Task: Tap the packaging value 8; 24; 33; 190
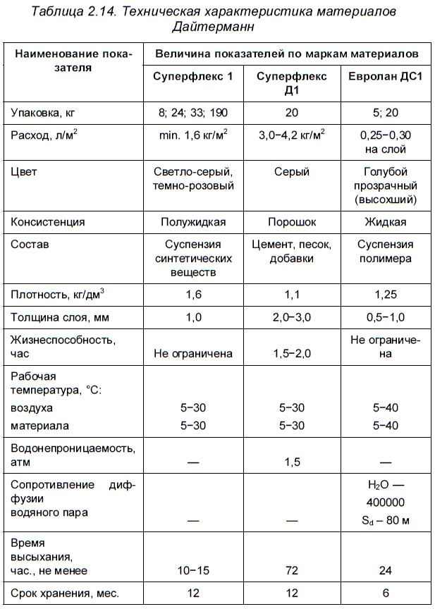click(x=193, y=112)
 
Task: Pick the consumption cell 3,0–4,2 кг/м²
click(x=290, y=135)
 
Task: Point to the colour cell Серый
click(x=290, y=172)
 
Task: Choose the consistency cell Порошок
click(x=290, y=222)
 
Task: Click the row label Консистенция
click(x=49, y=222)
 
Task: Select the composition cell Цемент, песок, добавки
click(x=290, y=252)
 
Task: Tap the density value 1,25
click(x=385, y=294)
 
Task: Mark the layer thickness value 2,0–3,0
click(x=290, y=317)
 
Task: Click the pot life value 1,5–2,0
click(x=290, y=354)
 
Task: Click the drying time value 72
click(x=290, y=569)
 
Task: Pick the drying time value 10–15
click(x=193, y=569)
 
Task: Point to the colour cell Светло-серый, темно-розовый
click(x=193, y=179)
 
